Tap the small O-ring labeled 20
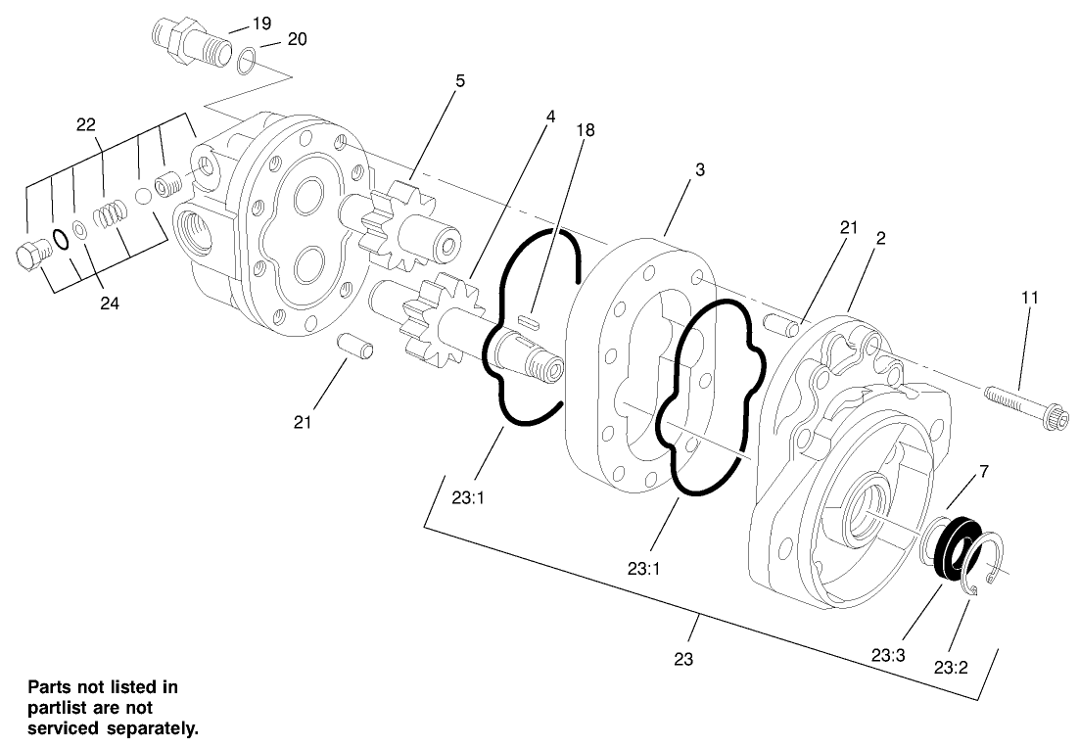tap(249, 62)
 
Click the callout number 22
tap(87, 124)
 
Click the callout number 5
tap(459, 81)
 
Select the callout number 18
tap(586, 129)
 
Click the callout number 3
tap(700, 169)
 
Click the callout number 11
tap(1031, 296)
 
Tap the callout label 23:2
tap(951, 669)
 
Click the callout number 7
tap(983, 472)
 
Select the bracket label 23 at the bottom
tap(683, 659)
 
